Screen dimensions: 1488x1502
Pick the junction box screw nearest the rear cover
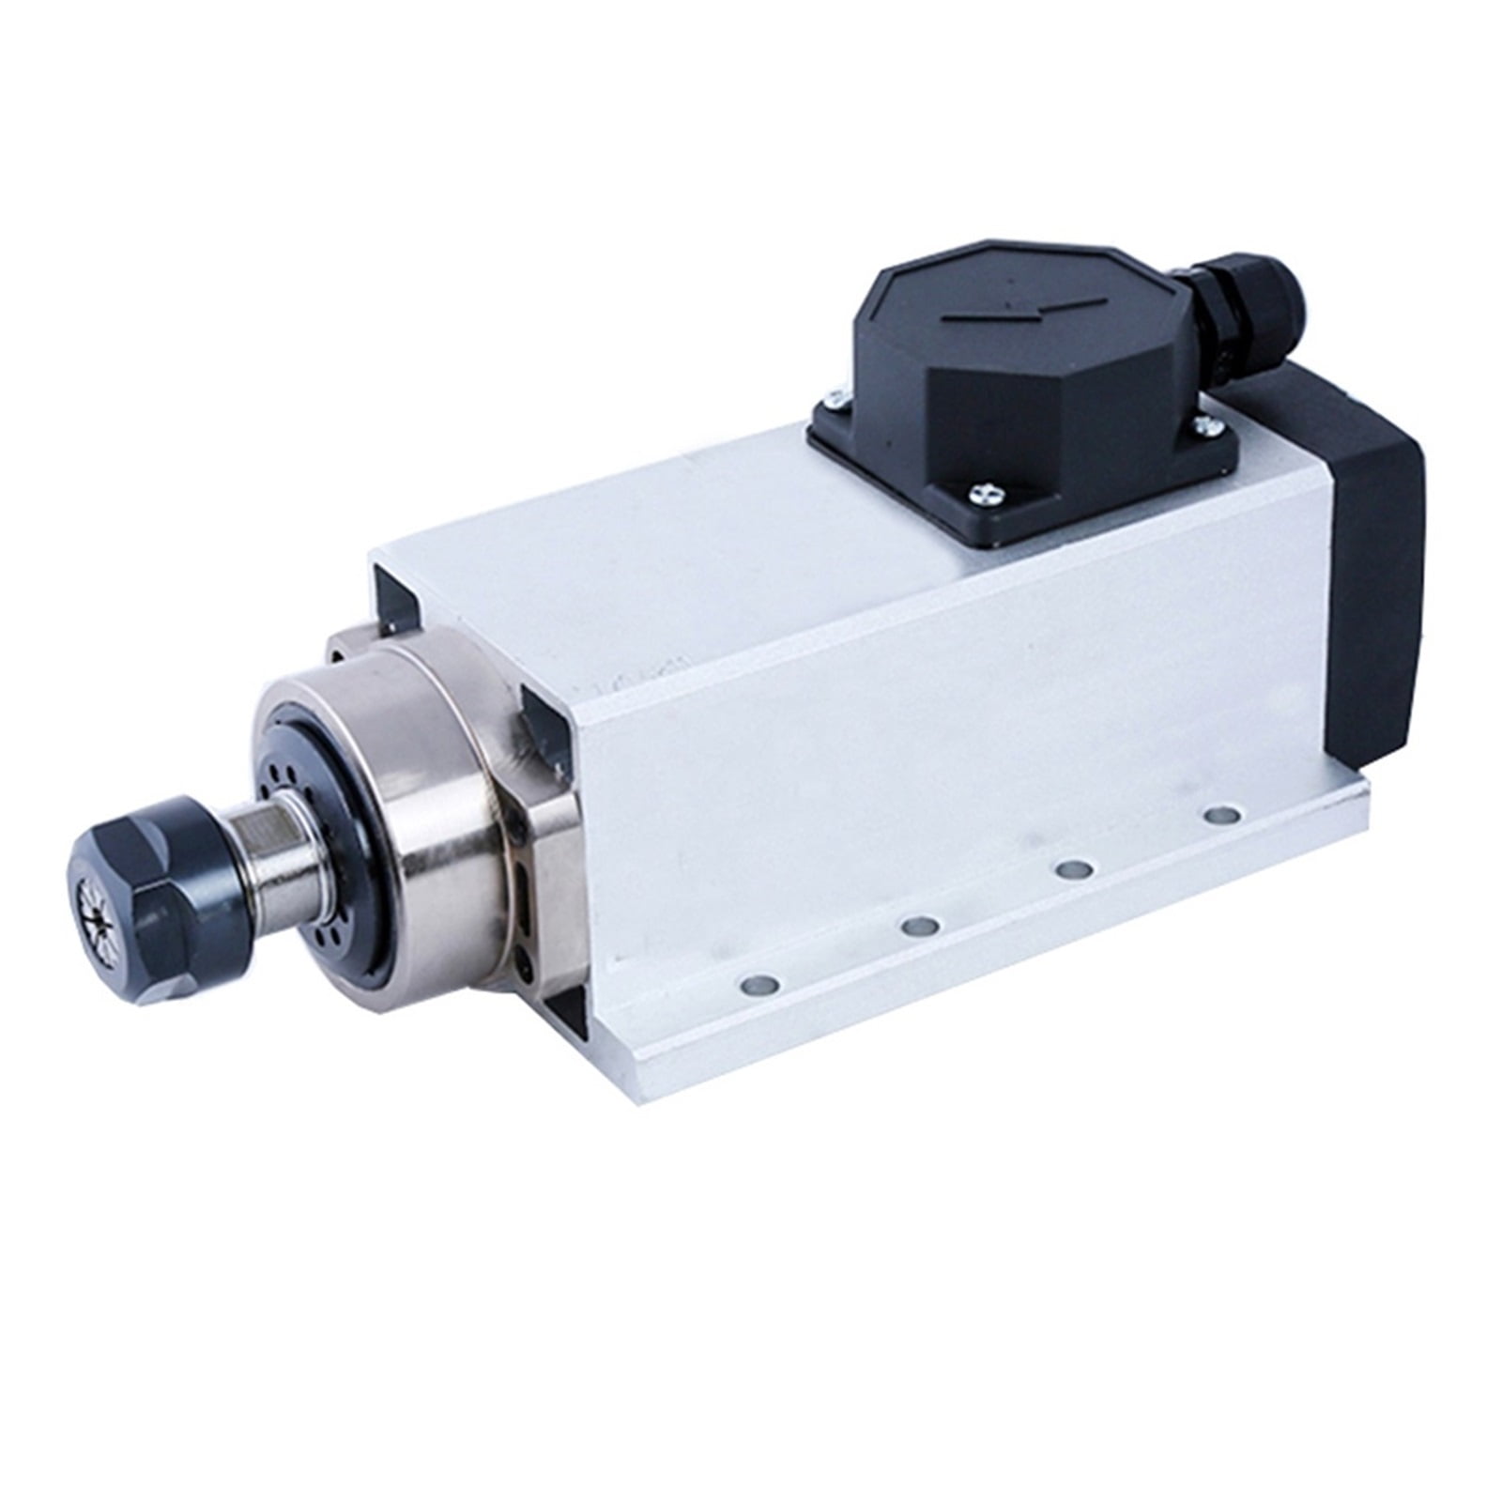point(1204,427)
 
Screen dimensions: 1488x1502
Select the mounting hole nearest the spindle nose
point(759,987)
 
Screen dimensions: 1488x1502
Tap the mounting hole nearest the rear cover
point(1219,814)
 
